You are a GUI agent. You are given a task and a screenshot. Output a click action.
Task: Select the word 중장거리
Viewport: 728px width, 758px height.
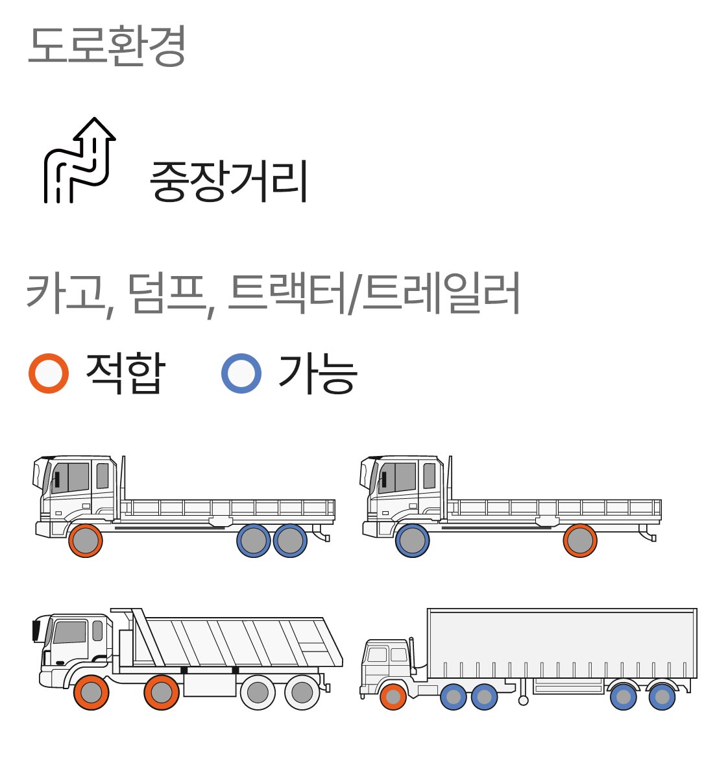tap(228, 181)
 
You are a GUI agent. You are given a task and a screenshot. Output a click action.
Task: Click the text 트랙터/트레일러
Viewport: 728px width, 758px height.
tap(374, 294)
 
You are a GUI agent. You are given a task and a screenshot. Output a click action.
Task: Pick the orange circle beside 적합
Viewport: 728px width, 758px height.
tap(49, 373)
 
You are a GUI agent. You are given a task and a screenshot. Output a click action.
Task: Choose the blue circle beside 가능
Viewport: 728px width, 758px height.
tap(241, 373)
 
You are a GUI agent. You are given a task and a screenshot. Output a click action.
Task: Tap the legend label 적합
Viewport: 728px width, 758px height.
tap(125, 373)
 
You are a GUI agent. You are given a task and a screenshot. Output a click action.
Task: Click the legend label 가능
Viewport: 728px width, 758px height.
tap(318, 373)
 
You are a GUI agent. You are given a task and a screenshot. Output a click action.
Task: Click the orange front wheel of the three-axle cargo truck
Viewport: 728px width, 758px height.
tap(86, 540)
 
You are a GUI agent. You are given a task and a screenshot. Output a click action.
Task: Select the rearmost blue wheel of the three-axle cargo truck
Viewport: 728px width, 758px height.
tap(290, 540)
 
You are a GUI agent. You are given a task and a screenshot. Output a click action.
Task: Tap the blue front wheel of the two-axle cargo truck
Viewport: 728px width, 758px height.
tap(412, 540)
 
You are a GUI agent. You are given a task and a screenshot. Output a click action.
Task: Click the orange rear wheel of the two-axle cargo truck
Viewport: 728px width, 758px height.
tap(580, 540)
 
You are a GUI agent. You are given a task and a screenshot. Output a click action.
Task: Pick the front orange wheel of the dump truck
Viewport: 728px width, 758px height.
tap(91, 692)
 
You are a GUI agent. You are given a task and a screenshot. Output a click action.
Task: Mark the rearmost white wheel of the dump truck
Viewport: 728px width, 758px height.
tap(302, 692)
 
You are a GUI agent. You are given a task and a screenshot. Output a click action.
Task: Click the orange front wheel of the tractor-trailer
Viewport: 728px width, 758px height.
tap(393, 697)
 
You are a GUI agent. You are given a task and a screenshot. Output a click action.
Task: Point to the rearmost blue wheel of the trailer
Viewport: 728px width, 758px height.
tap(662, 697)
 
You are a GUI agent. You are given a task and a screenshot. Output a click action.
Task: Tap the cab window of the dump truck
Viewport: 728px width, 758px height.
tap(70, 632)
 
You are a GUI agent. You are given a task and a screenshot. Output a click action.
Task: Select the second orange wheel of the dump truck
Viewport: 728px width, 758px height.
tap(162, 692)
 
